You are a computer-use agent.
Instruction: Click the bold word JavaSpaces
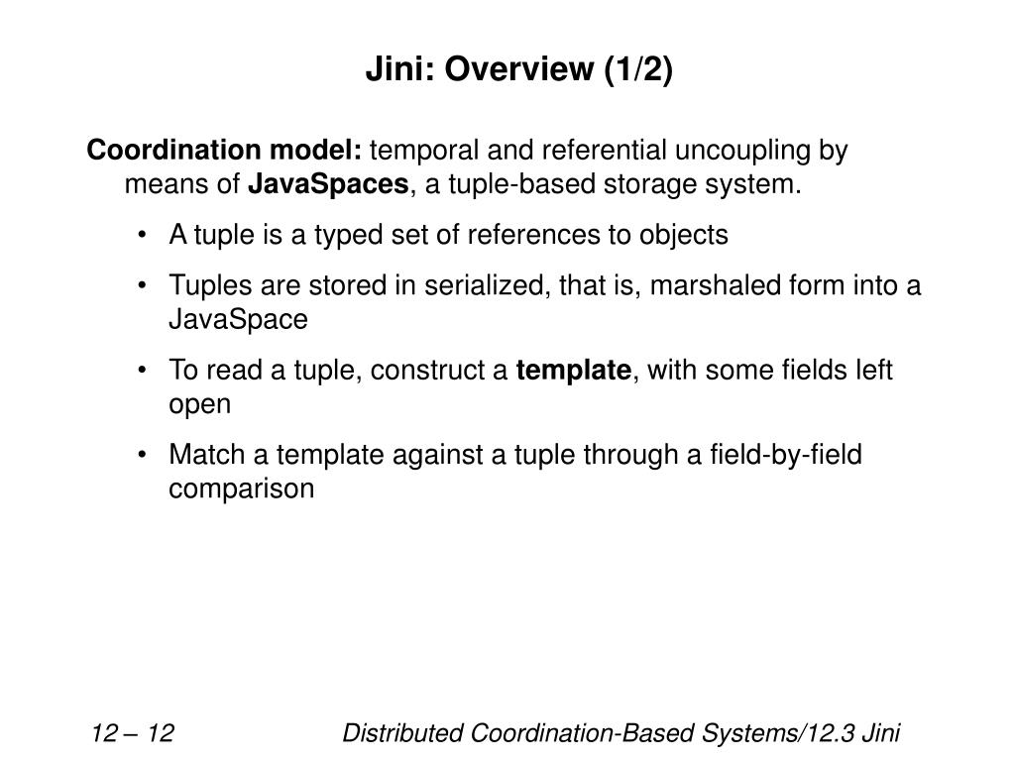coord(328,184)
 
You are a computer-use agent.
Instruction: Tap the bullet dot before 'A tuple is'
coord(145,236)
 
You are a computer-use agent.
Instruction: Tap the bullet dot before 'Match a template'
coord(145,456)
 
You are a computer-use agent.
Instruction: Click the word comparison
coord(242,489)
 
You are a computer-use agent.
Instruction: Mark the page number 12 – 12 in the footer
coord(133,734)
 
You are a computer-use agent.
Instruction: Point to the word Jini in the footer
coord(881,734)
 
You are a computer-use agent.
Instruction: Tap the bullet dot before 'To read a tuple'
coord(145,372)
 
